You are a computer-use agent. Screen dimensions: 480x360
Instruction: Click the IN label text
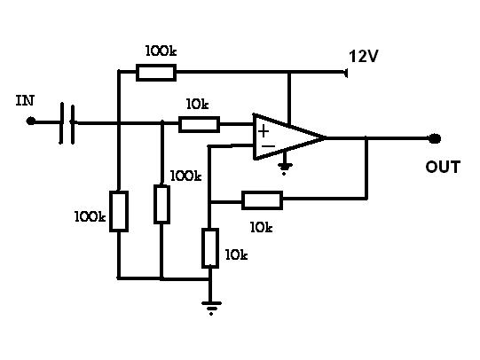click(x=25, y=100)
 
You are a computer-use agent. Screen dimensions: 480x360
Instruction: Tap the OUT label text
click(x=443, y=167)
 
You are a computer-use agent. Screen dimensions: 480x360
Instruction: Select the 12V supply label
click(x=364, y=56)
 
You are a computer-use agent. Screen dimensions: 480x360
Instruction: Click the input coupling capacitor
click(x=67, y=123)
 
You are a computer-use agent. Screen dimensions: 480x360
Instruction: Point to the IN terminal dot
click(x=31, y=121)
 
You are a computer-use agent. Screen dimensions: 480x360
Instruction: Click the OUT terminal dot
click(x=435, y=138)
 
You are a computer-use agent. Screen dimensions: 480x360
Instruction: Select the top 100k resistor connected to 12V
click(x=156, y=73)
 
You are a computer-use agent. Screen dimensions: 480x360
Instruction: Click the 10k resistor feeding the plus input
click(x=199, y=124)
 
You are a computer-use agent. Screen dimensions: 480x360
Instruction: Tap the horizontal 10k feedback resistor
click(x=262, y=200)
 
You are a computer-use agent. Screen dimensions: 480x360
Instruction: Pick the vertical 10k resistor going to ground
click(x=210, y=248)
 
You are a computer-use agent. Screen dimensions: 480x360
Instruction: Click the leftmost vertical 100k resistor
click(x=119, y=211)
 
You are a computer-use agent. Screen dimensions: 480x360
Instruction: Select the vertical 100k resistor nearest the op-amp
click(x=161, y=204)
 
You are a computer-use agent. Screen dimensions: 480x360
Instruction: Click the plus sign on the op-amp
click(x=264, y=132)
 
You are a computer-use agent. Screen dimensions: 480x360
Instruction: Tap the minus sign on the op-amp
click(x=269, y=146)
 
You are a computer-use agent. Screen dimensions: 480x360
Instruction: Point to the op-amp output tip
click(x=326, y=138)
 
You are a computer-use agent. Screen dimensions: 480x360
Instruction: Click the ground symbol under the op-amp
click(x=285, y=168)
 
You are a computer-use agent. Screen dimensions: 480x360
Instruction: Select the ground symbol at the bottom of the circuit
click(x=211, y=307)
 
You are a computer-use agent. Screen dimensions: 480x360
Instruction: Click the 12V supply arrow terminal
click(x=346, y=73)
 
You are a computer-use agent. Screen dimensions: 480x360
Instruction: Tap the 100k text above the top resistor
click(x=161, y=51)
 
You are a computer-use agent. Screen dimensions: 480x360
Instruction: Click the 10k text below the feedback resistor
click(x=261, y=227)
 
